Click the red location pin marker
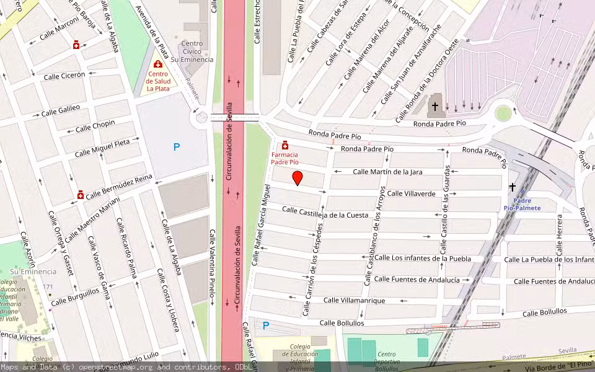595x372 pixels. (x=297, y=178)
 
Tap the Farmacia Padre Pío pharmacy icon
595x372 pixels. (x=285, y=145)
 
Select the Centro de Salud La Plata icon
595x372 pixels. (x=158, y=64)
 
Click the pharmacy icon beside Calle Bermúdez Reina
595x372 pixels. (x=81, y=195)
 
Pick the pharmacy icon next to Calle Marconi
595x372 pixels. (x=76, y=45)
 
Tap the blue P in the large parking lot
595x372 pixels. (x=177, y=148)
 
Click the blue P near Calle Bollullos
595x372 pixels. (x=266, y=325)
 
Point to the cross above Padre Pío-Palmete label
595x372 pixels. (x=513, y=187)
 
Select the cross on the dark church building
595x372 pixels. (x=435, y=107)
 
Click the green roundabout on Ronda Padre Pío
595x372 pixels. (x=503, y=113)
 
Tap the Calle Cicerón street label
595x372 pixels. (x=64, y=76)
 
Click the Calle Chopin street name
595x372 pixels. (x=95, y=126)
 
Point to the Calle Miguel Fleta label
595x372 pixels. (x=102, y=148)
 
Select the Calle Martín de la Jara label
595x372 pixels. (x=387, y=172)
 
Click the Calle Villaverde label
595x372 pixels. (x=411, y=193)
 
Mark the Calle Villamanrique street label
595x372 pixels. (x=354, y=301)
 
